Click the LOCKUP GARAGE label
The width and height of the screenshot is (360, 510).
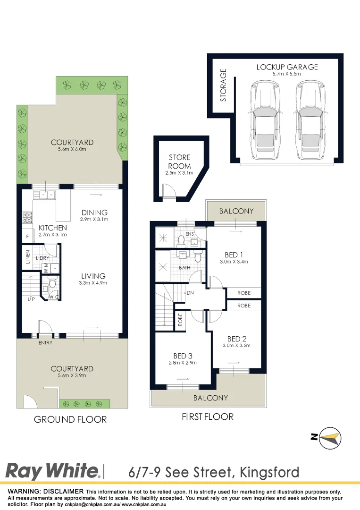[287, 67]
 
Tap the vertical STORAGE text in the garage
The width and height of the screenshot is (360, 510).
[224, 85]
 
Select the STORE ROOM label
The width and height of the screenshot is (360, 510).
[180, 161]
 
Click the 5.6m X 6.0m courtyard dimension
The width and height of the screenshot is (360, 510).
[72, 150]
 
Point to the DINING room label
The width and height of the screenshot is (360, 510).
[94, 212]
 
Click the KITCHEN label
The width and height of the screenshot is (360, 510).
[52, 228]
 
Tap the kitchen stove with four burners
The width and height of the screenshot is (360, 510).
[27, 218]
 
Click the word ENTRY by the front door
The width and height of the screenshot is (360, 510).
[45, 343]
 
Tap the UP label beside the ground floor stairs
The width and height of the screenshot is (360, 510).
[31, 299]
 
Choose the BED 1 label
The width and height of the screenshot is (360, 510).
[234, 255]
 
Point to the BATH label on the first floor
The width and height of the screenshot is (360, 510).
[184, 267]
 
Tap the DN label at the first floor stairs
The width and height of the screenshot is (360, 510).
[191, 293]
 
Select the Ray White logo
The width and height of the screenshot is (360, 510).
[52, 471]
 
